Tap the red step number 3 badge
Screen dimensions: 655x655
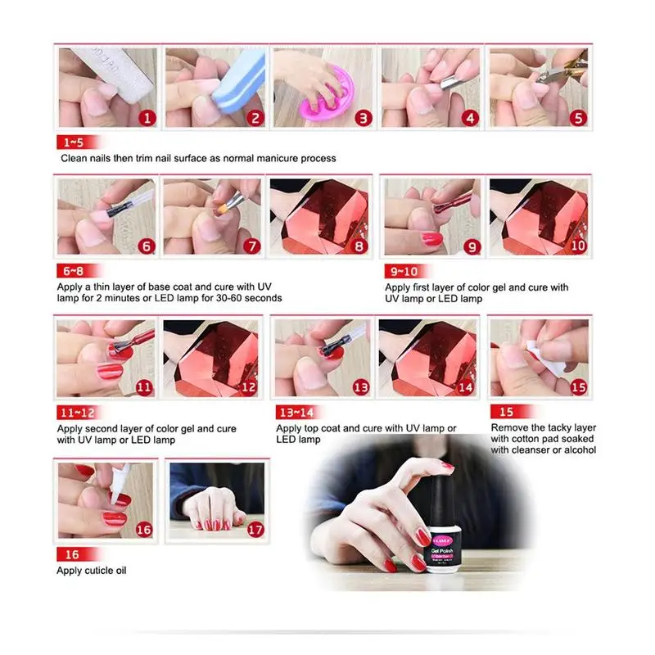[362, 117]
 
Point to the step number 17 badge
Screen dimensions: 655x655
[255, 528]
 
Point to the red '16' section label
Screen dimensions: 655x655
[65, 553]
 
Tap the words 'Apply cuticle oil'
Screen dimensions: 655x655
[91, 571]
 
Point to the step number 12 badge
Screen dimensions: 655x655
[249, 386]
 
